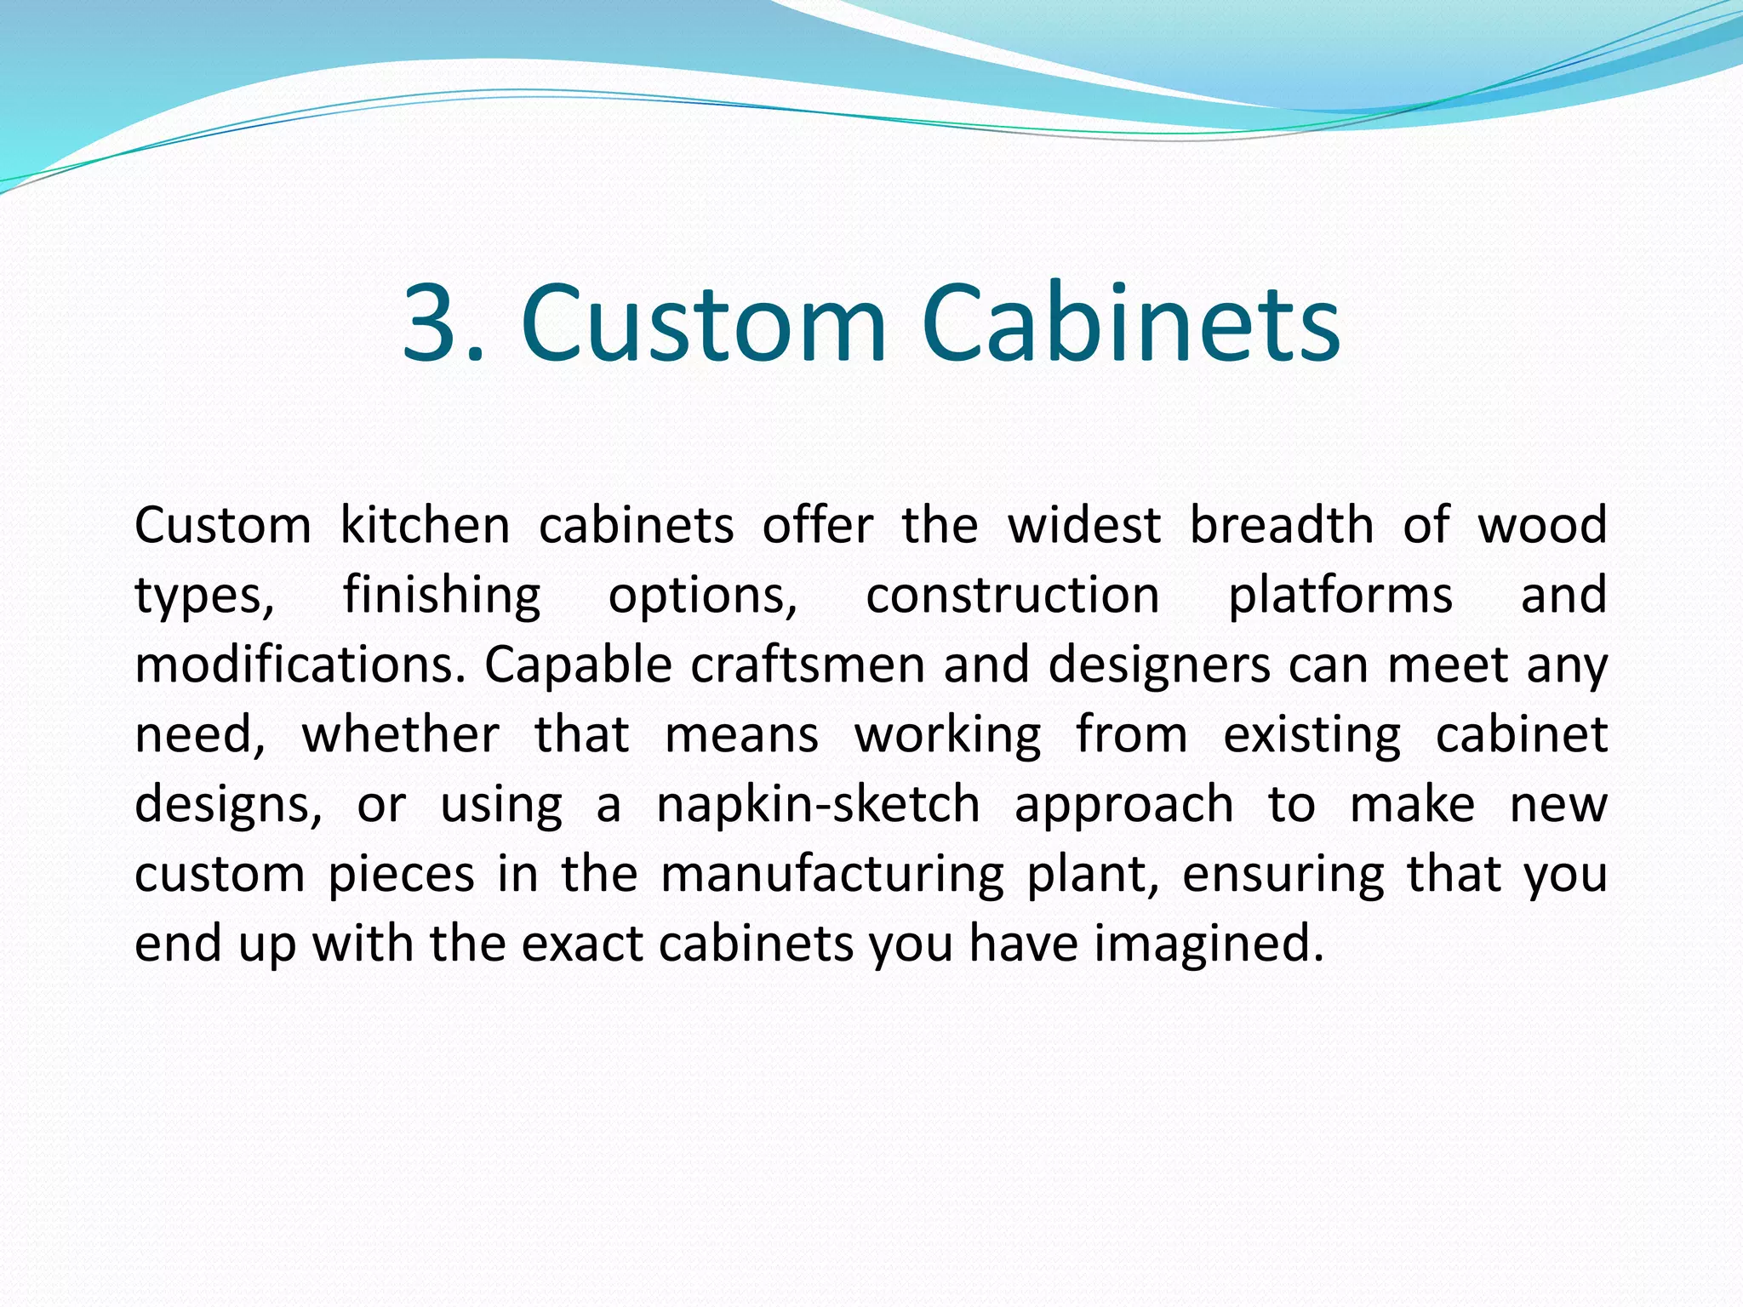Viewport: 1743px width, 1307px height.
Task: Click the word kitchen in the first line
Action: [425, 525]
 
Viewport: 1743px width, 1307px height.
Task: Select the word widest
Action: [1084, 525]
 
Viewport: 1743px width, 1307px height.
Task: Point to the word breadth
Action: [1281, 525]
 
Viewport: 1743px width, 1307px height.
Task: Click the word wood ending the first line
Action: [1542, 525]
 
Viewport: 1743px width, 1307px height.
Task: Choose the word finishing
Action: [442, 596]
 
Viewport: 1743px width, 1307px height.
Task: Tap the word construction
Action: [1013, 595]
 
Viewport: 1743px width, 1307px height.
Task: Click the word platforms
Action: [1340, 596]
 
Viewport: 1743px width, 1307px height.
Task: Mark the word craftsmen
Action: [808, 665]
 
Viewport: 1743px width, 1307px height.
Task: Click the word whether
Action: [401, 734]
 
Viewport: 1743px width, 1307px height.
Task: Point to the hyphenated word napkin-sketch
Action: [818, 805]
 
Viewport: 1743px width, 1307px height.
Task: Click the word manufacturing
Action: [832, 876]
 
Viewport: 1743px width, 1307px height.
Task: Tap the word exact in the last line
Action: [580, 945]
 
